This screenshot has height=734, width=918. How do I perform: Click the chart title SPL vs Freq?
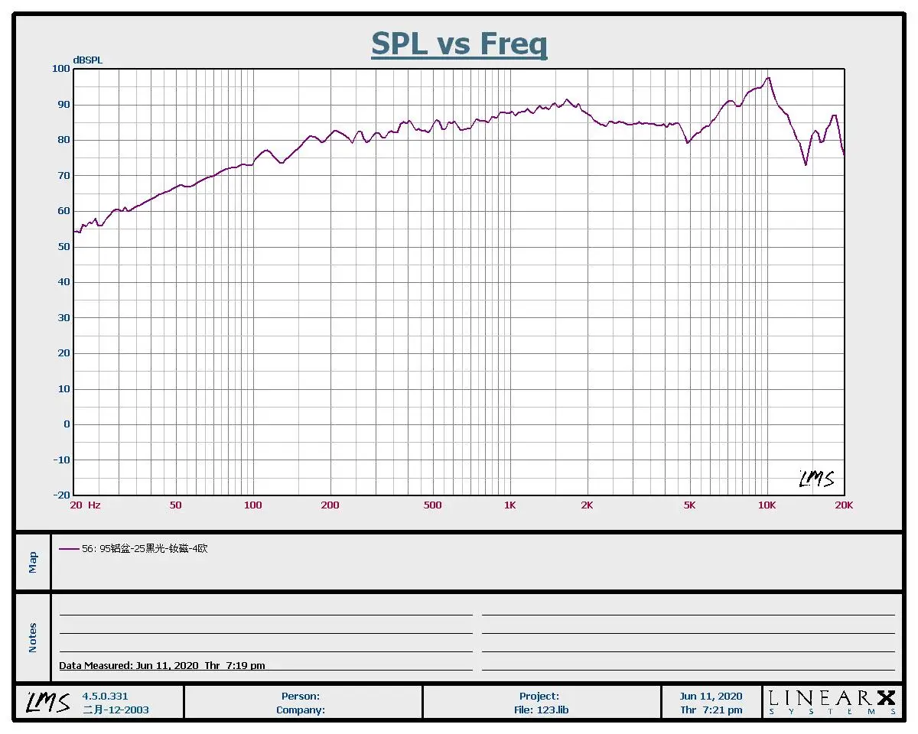(x=459, y=44)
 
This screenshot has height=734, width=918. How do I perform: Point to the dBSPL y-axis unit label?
(x=87, y=60)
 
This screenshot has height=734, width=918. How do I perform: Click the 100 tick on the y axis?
(x=61, y=69)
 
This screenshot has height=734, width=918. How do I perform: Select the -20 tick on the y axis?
(x=61, y=495)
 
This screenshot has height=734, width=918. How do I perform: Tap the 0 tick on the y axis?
(x=67, y=424)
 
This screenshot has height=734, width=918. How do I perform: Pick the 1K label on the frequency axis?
(x=509, y=505)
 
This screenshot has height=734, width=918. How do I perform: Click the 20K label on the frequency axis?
(x=844, y=505)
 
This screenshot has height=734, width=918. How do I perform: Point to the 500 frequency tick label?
(x=433, y=505)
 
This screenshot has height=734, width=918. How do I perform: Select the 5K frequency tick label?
(x=689, y=505)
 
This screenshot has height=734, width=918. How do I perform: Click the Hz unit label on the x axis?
(x=94, y=505)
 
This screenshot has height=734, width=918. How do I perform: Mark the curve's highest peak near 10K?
(x=769, y=77)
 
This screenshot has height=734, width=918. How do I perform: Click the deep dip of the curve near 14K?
(x=806, y=164)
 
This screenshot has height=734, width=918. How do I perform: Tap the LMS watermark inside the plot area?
(x=816, y=479)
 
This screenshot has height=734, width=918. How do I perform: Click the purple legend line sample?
(x=69, y=549)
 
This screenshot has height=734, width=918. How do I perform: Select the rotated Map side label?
(x=33, y=562)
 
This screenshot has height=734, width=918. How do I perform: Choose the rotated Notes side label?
(x=33, y=638)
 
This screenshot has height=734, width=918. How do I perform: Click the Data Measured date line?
(x=162, y=666)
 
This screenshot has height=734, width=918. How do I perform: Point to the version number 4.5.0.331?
(x=105, y=697)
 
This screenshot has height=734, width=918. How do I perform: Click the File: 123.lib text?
(x=541, y=710)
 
